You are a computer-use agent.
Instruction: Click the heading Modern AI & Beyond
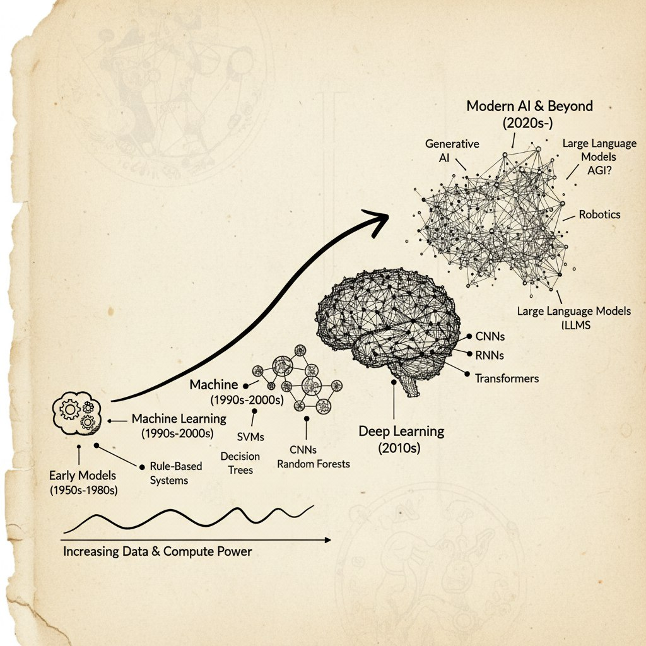pyautogui.click(x=529, y=106)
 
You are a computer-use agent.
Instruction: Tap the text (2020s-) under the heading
pyautogui.click(x=527, y=123)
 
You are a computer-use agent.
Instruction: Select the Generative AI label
pyautogui.click(x=452, y=150)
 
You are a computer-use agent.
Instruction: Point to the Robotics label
pyautogui.click(x=599, y=214)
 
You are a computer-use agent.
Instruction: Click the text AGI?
pyautogui.click(x=599, y=170)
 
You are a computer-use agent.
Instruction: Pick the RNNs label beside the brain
pyautogui.click(x=490, y=355)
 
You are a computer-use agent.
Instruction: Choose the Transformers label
pyautogui.click(x=507, y=379)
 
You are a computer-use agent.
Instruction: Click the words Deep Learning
pyautogui.click(x=401, y=432)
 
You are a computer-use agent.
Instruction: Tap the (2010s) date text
pyautogui.click(x=399, y=448)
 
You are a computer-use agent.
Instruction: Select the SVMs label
pyautogui.click(x=250, y=437)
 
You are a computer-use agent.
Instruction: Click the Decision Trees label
pyautogui.click(x=240, y=463)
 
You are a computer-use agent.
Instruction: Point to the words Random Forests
pyautogui.click(x=314, y=464)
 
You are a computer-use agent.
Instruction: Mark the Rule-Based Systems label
pyautogui.click(x=176, y=473)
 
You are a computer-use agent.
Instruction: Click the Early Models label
pyautogui.click(x=83, y=476)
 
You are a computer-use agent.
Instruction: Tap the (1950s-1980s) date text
pyautogui.click(x=84, y=490)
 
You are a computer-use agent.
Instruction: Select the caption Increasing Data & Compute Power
pyautogui.click(x=157, y=551)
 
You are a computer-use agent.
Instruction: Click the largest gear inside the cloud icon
pyautogui.click(x=70, y=409)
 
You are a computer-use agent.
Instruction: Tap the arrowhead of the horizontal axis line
pyautogui.click(x=328, y=540)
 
